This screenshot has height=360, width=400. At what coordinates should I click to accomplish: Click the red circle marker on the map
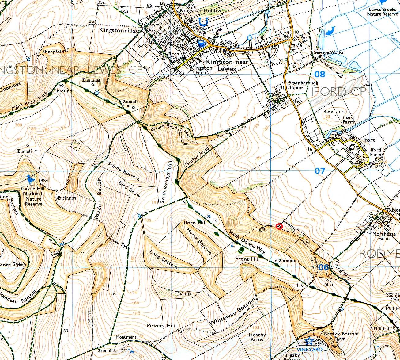(x=279, y=227)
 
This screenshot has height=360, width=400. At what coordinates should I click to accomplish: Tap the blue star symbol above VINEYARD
(x=309, y=340)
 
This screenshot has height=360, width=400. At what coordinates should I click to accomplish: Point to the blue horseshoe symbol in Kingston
(x=203, y=21)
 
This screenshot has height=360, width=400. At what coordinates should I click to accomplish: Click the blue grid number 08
(x=319, y=74)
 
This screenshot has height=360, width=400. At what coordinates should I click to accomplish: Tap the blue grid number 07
(x=319, y=171)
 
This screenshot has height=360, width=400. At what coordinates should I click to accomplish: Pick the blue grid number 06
(x=323, y=267)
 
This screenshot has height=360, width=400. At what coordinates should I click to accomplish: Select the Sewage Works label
(x=329, y=52)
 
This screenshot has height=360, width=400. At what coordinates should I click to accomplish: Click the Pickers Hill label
(x=161, y=325)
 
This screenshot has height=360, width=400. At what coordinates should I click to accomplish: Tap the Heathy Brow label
(x=257, y=337)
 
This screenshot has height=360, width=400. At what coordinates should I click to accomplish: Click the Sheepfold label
(x=53, y=52)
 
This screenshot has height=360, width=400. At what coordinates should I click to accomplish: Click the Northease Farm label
(x=384, y=236)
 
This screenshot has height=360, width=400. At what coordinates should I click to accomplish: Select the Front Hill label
(x=247, y=259)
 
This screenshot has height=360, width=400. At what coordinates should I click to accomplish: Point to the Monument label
(x=126, y=337)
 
